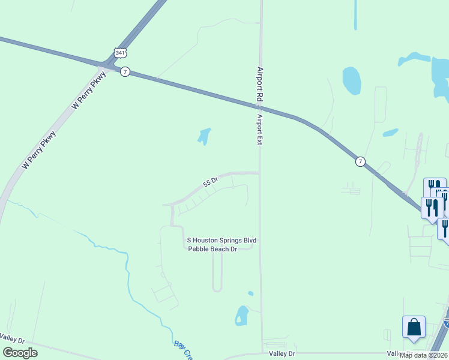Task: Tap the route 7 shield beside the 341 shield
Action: [124, 71]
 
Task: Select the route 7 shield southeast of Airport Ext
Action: [360, 161]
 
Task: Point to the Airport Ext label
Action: [261, 128]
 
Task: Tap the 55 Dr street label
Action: [210, 181]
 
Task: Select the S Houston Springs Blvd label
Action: [222, 240]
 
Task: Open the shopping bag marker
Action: [414, 328]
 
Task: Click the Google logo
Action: [20, 352]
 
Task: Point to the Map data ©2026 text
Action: [424, 355]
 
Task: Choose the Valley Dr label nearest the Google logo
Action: [12, 339]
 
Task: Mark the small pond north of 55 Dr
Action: [205, 136]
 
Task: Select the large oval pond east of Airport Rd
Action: [351, 80]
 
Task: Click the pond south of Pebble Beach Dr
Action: [241, 315]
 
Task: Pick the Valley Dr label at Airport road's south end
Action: [282, 354]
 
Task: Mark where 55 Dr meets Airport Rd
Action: [259, 173]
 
